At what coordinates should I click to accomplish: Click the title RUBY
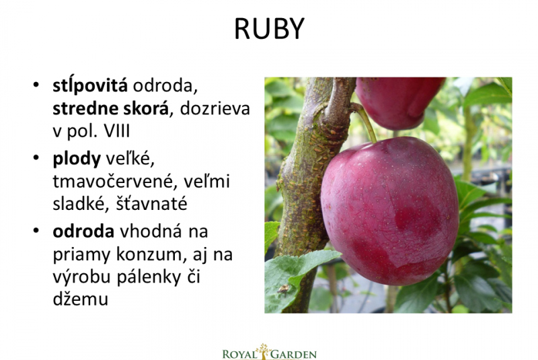pos(270,29)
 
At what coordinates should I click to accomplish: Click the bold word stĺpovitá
pos(90,85)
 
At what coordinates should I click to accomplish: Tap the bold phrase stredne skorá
pos(111,108)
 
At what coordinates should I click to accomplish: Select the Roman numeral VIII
pos(116,131)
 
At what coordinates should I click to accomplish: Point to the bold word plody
pos(77,159)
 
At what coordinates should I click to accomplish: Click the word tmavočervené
pos(114,182)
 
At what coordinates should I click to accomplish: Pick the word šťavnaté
pos(151,203)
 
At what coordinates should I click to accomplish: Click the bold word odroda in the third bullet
pos(83,231)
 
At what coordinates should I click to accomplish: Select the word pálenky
pos(149,277)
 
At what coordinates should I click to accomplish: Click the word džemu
pos(80,299)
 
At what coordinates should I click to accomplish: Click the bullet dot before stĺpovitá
pos(36,84)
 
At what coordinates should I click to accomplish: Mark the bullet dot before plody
pos(36,157)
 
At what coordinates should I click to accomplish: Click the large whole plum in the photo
pos(389,211)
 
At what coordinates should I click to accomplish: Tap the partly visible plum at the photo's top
pos(399,102)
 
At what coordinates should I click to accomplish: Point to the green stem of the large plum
pos(366,122)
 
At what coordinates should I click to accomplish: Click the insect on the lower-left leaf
pos(283,289)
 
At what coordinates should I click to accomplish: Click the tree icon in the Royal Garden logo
pos(264,351)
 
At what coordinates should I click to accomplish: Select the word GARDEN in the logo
pos(294,354)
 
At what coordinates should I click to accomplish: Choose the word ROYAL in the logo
pos(240,354)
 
